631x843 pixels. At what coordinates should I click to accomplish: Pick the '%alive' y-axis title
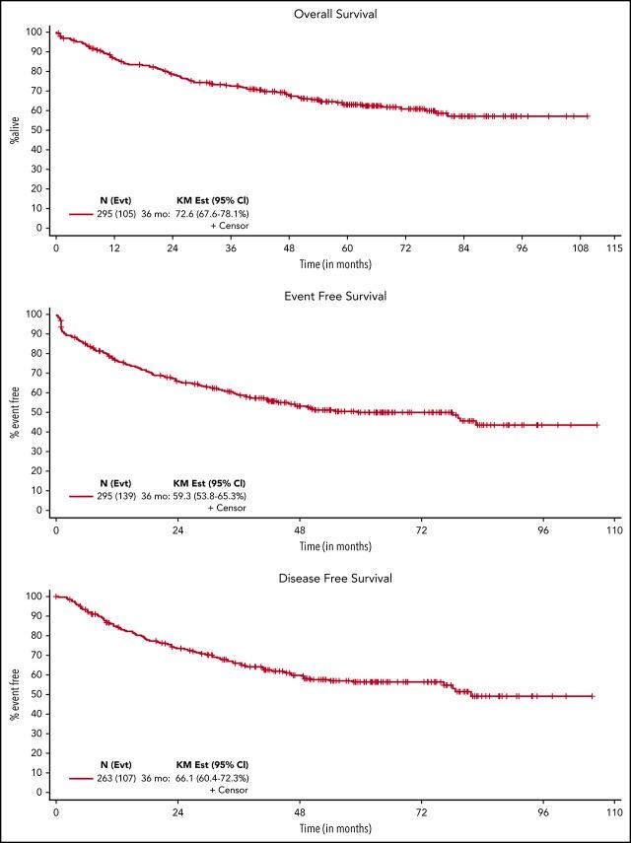15,130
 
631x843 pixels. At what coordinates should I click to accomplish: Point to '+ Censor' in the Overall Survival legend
229,225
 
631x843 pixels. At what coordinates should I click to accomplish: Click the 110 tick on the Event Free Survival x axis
613,530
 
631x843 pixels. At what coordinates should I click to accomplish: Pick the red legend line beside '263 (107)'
82,778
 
